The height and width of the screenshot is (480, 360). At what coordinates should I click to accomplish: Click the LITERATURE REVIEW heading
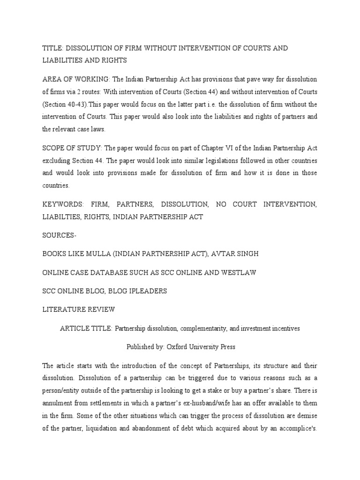pyautogui.click(x=78, y=310)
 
